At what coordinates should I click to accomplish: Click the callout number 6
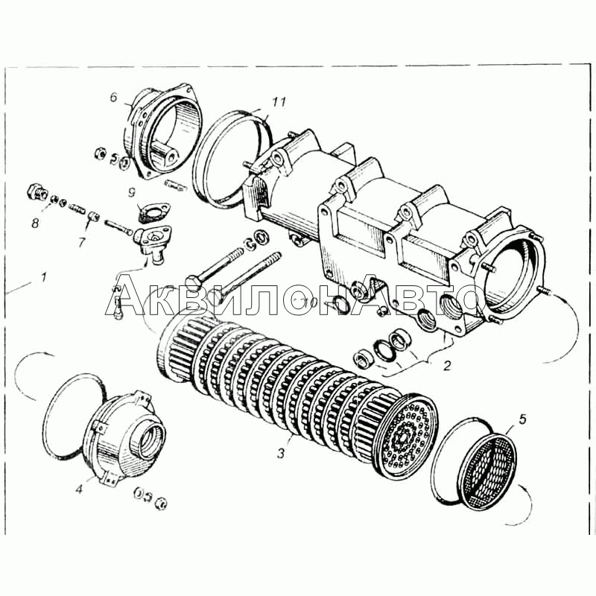point(114,98)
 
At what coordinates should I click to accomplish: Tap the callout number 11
point(279,102)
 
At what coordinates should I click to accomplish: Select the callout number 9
point(132,192)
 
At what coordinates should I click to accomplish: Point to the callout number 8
point(35,223)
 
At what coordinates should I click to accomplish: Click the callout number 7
point(82,242)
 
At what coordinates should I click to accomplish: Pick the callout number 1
point(44,277)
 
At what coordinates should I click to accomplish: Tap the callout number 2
point(447,366)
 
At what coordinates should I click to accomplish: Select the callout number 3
point(281,453)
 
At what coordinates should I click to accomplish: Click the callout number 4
point(79,489)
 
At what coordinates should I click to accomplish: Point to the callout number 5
point(522,419)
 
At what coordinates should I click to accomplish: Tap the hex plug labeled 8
point(37,191)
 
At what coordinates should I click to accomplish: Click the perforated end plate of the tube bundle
point(407,437)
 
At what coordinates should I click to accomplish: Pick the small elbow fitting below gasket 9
point(152,244)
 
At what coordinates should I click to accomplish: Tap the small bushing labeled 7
point(94,218)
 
